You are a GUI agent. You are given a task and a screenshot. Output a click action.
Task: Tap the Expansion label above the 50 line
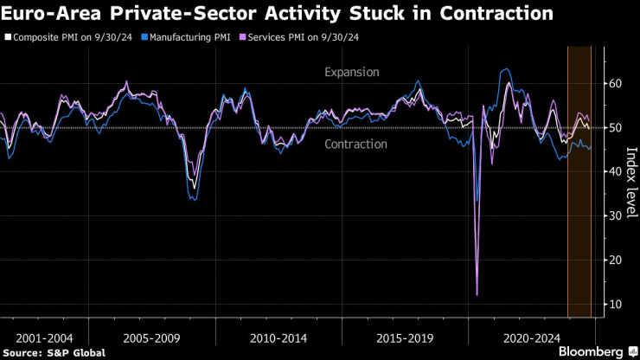click(351, 72)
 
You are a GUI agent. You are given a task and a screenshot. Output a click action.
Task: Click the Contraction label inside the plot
click(355, 144)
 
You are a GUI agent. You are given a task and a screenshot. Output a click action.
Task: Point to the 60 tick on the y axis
click(614, 84)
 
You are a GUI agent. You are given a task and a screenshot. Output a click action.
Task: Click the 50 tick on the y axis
click(614, 128)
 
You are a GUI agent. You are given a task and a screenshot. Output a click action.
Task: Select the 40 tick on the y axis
click(614, 172)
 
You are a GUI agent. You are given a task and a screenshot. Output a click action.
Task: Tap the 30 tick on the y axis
click(614, 216)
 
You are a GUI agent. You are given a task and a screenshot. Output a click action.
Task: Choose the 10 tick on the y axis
click(614, 305)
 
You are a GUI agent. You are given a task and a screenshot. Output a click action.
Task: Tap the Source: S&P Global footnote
click(54, 352)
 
